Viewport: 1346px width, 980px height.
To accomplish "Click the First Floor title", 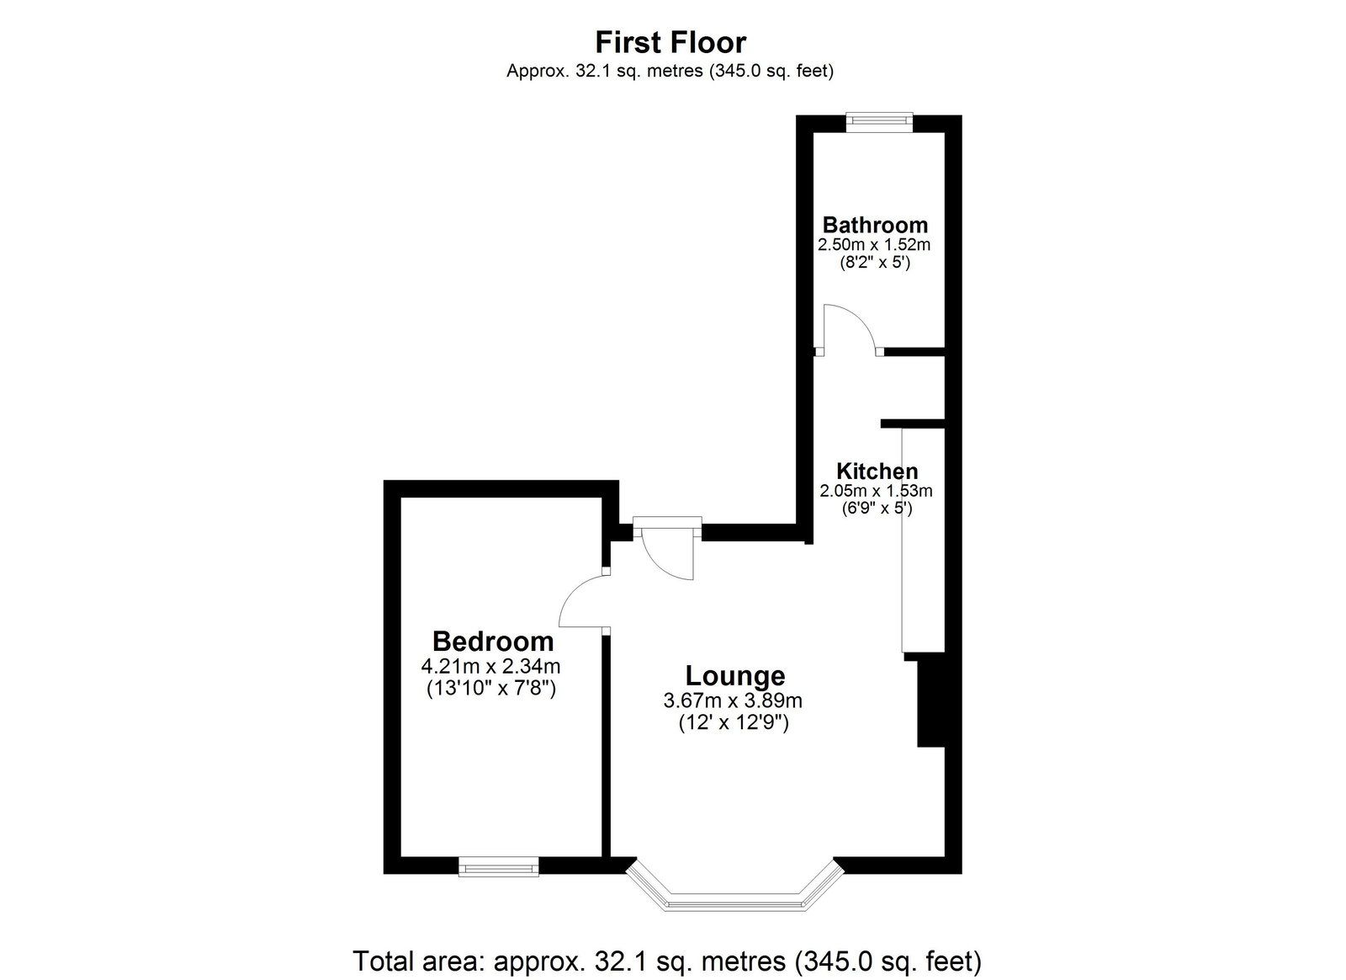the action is pyautogui.click(x=670, y=43).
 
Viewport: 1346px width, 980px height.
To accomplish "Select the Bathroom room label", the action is pyautogui.click(x=875, y=225).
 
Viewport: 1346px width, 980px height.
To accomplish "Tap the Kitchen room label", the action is pyautogui.click(x=877, y=471).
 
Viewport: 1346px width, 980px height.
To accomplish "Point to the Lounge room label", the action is pyautogui.click(x=735, y=676).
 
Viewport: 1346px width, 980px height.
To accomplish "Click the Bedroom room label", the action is pyautogui.click(x=493, y=642).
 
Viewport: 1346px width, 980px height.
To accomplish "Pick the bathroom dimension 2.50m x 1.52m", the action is pyautogui.click(x=874, y=245).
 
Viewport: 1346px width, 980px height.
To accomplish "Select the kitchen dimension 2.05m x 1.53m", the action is pyautogui.click(x=876, y=491).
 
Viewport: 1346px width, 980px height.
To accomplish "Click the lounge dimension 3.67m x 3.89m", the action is pyautogui.click(x=733, y=701).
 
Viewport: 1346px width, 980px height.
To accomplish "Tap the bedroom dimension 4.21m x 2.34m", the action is pyautogui.click(x=491, y=666).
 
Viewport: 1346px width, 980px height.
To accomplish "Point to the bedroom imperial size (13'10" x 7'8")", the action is pyautogui.click(x=491, y=688).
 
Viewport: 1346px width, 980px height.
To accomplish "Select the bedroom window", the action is pyautogui.click(x=498, y=866).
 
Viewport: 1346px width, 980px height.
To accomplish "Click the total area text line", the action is pyautogui.click(x=666, y=961).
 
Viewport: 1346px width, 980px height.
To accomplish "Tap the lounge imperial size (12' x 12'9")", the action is pyautogui.click(x=733, y=722).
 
